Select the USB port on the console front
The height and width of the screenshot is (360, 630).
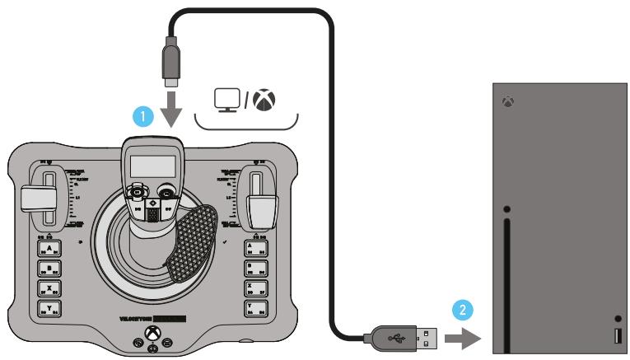(617, 335)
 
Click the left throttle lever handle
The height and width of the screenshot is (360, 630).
(37, 199)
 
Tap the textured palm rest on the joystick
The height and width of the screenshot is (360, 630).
(192, 241)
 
